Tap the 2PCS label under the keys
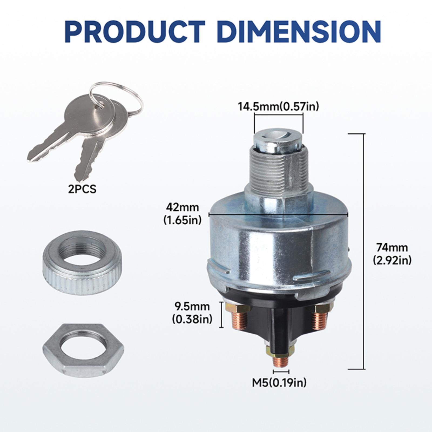[x=82, y=189]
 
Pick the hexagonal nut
[x=83, y=350]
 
